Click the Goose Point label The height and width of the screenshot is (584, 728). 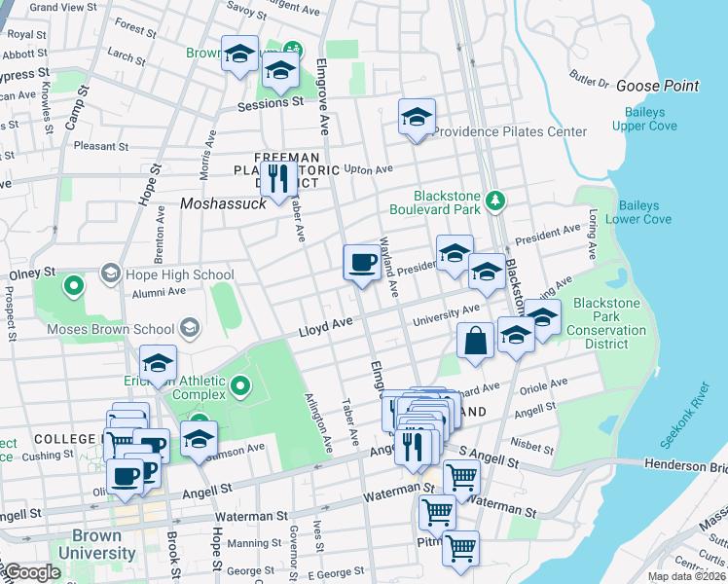[x=657, y=86]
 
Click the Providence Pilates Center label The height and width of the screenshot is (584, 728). [x=510, y=131]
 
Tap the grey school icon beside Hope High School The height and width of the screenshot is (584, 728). [x=109, y=274]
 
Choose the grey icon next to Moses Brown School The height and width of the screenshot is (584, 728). [x=189, y=329]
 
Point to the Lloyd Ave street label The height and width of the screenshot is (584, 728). [x=324, y=332]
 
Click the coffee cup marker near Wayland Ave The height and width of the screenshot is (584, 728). [x=362, y=262]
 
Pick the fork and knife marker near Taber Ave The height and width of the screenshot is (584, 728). [x=279, y=178]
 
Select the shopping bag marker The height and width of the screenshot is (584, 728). [x=475, y=341]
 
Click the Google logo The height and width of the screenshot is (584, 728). [x=31, y=572]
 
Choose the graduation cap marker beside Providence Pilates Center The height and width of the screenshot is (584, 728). [x=417, y=118]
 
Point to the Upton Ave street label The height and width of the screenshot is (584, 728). [x=369, y=169]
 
